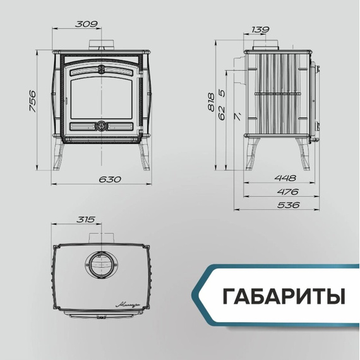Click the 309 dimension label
point(87,25)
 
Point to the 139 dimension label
point(260,30)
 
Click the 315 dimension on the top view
point(85,220)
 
